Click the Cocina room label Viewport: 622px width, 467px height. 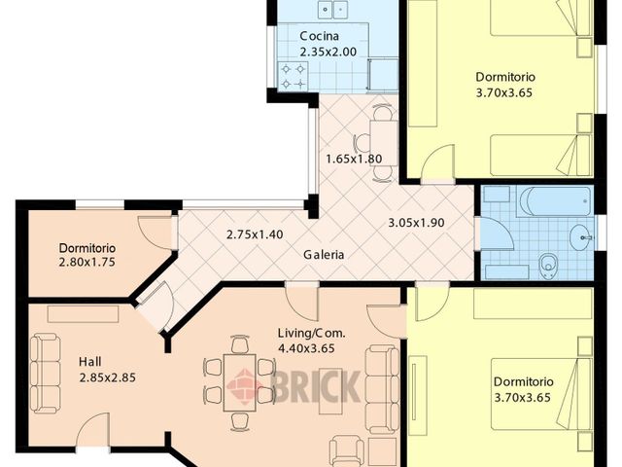tap(320, 36)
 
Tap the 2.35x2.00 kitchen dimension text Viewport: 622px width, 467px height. tap(328, 52)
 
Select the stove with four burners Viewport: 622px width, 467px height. tap(294, 76)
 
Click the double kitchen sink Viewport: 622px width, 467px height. tap(333, 9)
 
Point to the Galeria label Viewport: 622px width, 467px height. tap(324, 255)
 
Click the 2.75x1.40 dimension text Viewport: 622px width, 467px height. tap(255, 234)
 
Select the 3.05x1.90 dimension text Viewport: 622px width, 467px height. tap(416, 223)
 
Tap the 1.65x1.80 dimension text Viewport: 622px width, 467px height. tap(354, 160)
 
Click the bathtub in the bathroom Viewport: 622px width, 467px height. tap(555, 201)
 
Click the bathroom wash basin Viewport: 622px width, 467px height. tap(581, 237)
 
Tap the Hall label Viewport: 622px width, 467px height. tap(90, 362)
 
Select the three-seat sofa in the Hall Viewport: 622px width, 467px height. tap(46, 374)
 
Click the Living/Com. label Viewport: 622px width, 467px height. tap(311, 333)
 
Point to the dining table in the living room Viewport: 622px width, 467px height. tap(240, 382)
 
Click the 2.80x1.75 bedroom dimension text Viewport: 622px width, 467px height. tap(86, 263)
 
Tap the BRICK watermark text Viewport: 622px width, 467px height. tap(316, 386)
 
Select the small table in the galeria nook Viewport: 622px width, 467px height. tap(384, 143)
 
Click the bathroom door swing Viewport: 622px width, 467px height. tap(495, 234)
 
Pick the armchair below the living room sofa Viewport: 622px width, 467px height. tap(347, 450)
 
